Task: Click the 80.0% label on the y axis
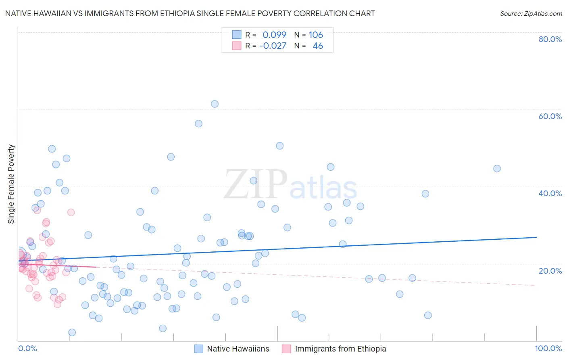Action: click(550, 39)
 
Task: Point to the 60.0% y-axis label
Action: click(550, 116)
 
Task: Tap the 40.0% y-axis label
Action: click(550, 193)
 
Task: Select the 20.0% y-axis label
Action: click(550, 270)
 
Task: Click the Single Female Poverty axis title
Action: click(11, 184)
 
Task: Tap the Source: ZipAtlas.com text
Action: click(531, 14)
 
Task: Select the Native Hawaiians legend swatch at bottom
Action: click(198, 349)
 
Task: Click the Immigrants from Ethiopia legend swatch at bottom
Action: click(286, 349)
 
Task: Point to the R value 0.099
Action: click(274, 35)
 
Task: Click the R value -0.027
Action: click(273, 46)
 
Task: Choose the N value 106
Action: click(316, 35)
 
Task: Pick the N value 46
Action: click(318, 46)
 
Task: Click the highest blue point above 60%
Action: click(215, 104)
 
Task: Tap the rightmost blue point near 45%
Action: click(497, 169)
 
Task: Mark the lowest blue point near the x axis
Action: click(72, 333)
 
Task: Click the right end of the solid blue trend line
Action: click(536, 237)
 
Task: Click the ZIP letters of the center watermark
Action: click(256, 184)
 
